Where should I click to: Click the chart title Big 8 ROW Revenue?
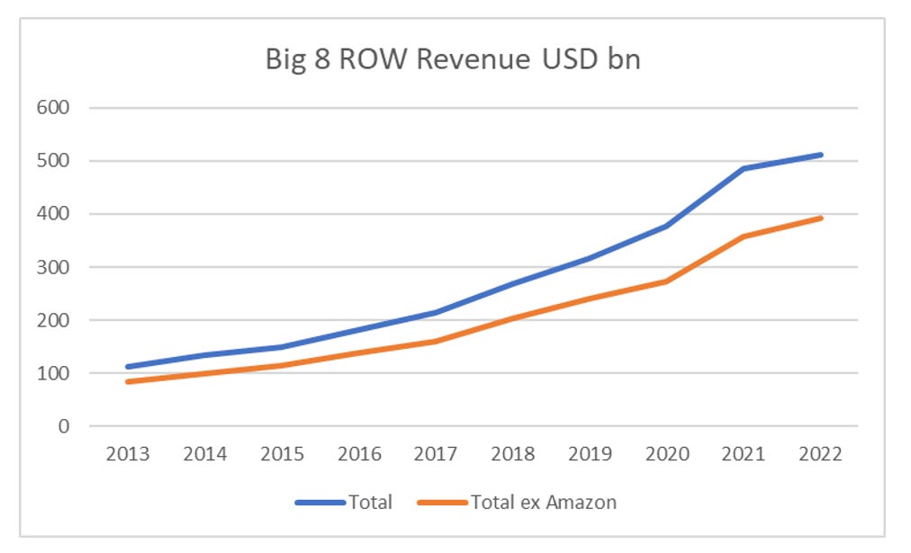point(453,59)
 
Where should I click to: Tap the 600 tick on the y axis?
point(52,108)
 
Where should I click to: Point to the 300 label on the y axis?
point(52,267)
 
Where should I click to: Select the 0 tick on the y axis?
point(63,426)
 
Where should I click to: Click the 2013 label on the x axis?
point(127,454)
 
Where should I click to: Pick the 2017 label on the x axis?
point(435,454)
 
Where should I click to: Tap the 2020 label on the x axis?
point(666,454)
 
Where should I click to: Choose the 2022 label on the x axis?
point(820,454)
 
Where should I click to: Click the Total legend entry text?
point(370,502)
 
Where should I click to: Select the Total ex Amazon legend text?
point(543,502)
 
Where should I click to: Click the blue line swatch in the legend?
point(320,502)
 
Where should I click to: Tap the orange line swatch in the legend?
point(443,502)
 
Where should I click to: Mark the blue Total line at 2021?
point(744,168)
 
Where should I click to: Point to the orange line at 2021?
point(744,236)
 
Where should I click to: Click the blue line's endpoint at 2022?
point(820,155)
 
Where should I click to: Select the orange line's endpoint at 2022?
point(820,218)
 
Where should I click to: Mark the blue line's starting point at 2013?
point(128,367)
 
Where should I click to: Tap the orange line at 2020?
point(666,281)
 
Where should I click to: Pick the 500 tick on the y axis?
point(52,161)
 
